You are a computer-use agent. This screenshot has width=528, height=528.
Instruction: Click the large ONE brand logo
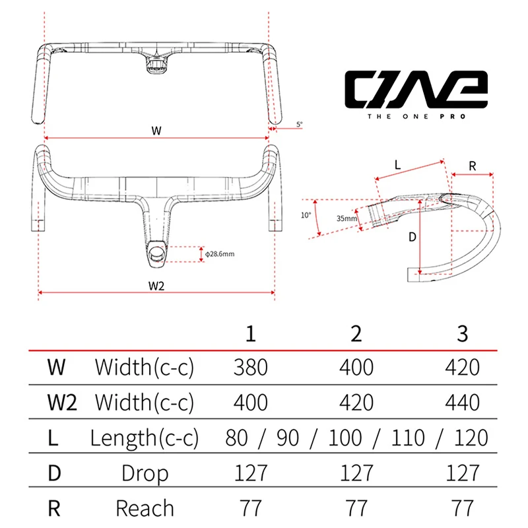416,89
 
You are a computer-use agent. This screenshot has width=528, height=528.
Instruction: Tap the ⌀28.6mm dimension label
220,254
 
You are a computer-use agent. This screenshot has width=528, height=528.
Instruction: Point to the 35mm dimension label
346,218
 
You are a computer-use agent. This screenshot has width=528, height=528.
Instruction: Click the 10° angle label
306,215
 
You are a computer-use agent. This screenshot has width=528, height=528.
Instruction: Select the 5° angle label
300,124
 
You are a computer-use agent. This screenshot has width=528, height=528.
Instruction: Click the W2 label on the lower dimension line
156,286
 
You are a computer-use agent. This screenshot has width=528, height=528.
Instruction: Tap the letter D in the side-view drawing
412,238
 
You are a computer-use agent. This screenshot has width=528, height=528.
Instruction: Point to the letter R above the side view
472,166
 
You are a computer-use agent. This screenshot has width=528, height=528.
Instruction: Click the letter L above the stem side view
398,165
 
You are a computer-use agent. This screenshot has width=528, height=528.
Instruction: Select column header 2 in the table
356,334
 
